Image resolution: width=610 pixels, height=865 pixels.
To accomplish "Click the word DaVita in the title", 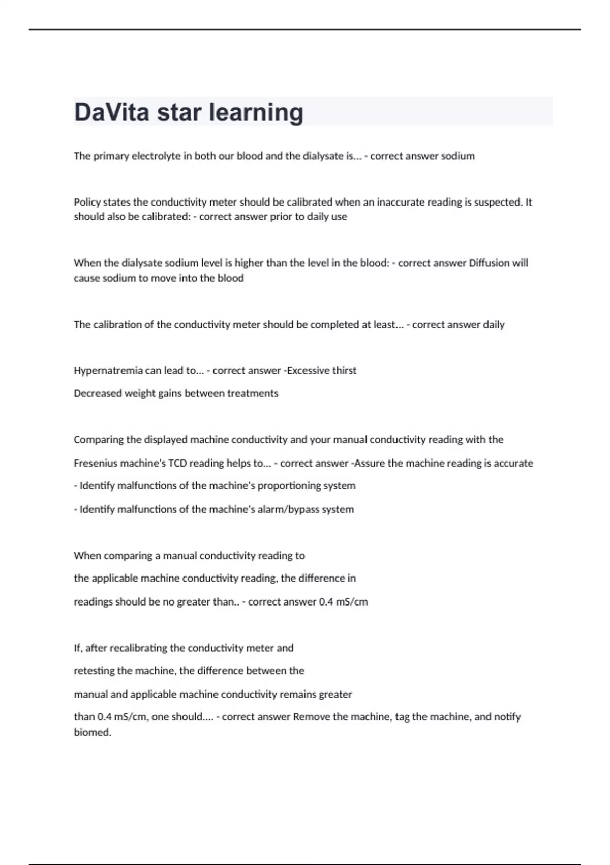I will (112, 112).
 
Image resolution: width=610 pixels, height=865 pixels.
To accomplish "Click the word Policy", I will (87, 203).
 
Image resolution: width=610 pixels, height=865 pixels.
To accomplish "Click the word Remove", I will (312, 717).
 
